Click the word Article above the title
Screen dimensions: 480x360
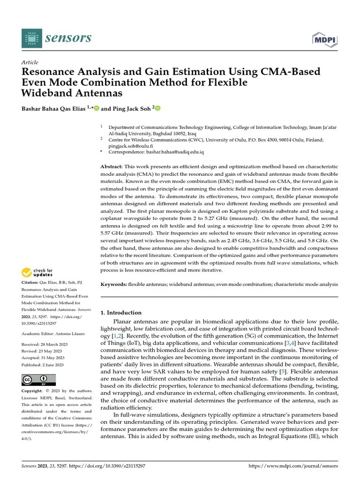30,62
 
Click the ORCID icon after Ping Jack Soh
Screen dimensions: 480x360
158,109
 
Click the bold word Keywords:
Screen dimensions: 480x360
114,285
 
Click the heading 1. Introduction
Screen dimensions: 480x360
121,313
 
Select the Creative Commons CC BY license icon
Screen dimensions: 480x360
38,380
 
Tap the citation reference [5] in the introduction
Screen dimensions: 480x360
283,372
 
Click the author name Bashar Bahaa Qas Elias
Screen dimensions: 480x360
53,109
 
